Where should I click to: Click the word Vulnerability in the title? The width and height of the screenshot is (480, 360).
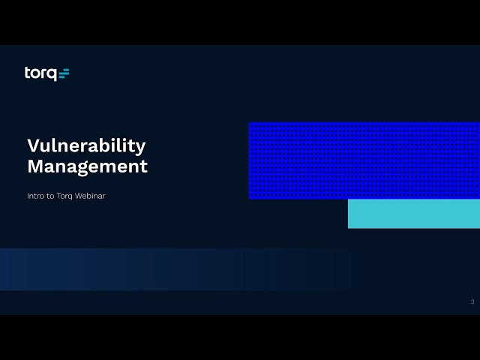point(86,146)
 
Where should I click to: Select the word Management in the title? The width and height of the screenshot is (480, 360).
point(88,167)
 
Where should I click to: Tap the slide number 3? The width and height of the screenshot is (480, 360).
point(472,301)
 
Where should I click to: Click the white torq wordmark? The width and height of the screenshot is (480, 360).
point(40,73)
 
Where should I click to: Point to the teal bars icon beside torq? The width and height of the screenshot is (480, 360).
point(64,73)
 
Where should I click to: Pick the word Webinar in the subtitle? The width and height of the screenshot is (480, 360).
point(90,196)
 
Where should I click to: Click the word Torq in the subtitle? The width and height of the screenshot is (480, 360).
point(64,196)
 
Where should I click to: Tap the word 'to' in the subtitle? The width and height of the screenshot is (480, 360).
point(50,196)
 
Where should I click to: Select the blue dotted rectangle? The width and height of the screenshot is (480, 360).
point(364,160)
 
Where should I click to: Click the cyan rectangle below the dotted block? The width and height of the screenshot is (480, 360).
point(414,214)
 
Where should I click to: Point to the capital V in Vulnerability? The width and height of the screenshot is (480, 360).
point(34,145)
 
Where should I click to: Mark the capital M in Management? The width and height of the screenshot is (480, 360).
point(35,166)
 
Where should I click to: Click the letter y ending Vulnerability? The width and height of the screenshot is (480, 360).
point(140,148)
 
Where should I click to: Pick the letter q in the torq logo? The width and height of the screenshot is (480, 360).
point(52,75)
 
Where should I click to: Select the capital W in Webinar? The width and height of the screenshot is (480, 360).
point(79,196)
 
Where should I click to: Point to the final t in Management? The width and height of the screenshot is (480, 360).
point(144,166)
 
